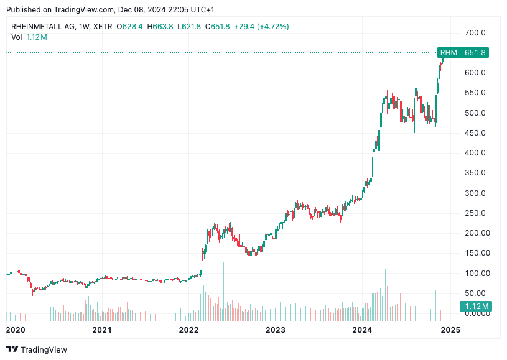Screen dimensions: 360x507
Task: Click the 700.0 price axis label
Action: pos(475,32)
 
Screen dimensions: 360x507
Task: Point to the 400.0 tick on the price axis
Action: pos(475,153)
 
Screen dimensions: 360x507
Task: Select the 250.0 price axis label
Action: pos(475,213)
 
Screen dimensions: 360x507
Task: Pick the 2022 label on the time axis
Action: pos(188,330)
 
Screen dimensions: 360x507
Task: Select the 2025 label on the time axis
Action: pos(450,330)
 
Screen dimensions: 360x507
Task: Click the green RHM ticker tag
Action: pos(449,53)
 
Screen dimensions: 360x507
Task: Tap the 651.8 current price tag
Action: pos(475,53)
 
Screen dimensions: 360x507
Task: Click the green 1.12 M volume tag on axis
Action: pos(476,306)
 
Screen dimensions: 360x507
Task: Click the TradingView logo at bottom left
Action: pos(37,349)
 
